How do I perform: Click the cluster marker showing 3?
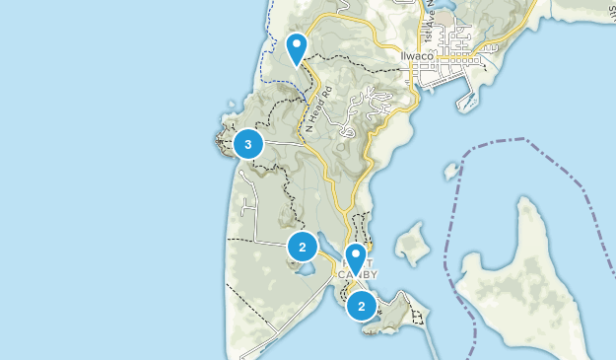(x=247, y=145)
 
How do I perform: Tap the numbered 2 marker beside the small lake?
(x=303, y=247)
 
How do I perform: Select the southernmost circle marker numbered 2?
(x=362, y=307)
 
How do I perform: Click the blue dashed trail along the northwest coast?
(x=262, y=59)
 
